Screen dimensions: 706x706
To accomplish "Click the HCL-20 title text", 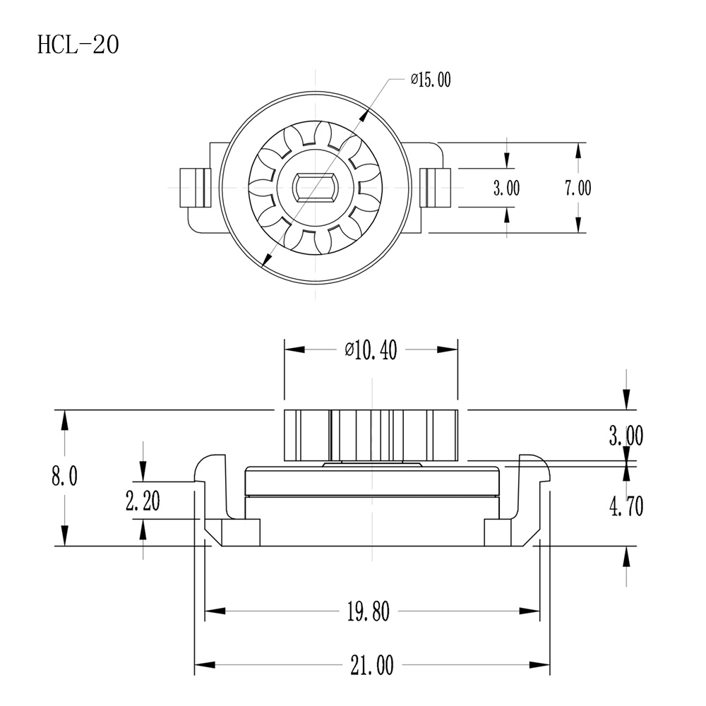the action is pyautogui.click(x=78, y=44).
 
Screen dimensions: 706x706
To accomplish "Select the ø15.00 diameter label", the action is pyautogui.click(x=431, y=80).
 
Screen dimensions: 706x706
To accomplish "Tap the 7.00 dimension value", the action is pyautogui.click(x=578, y=188).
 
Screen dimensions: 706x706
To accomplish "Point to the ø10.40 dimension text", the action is pyautogui.click(x=371, y=350).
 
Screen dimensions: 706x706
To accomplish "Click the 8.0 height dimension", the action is pyautogui.click(x=64, y=476).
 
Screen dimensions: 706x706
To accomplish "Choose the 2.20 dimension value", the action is pyautogui.click(x=143, y=501).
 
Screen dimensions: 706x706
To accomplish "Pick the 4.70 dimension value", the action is pyautogui.click(x=626, y=506).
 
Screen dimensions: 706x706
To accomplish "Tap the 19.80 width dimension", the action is pyautogui.click(x=369, y=611).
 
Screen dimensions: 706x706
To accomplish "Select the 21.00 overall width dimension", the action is pyautogui.click(x=372, y=665).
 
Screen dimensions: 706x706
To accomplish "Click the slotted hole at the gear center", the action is pyautogui.click(x=315, y=187).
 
